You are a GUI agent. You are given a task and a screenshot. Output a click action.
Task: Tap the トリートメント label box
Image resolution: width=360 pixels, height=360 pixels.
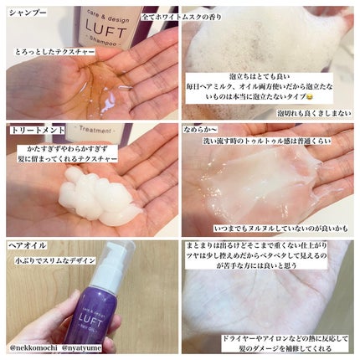[31, 131]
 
